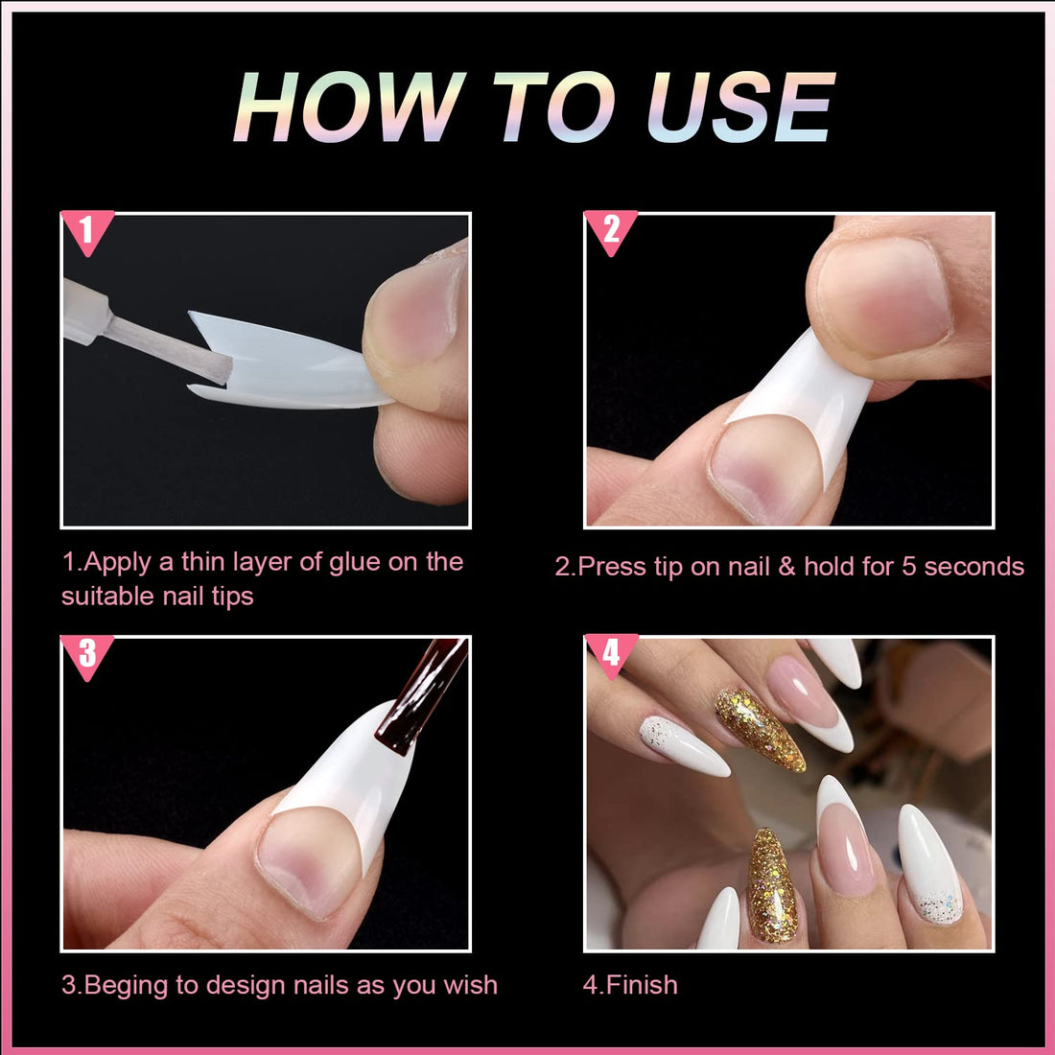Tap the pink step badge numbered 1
click(x=86, y=231)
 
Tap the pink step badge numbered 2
click(x=610, y=230)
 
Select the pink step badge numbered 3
click(x=86, y=654)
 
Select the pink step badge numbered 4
click(x=610, y=654)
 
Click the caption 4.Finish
click(x=630, y=985)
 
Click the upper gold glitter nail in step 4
click(x=760, y=729)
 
